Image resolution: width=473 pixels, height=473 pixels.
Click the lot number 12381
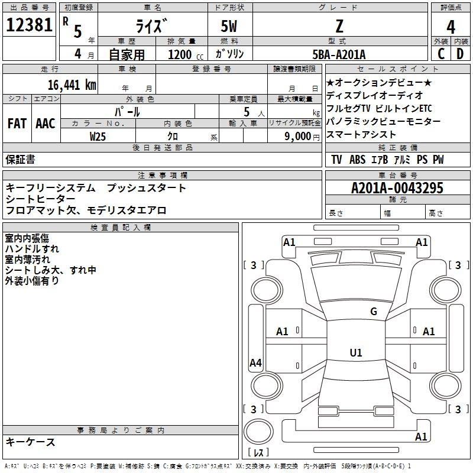tap(29, 24)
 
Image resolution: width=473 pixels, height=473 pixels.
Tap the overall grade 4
tap(451, 27)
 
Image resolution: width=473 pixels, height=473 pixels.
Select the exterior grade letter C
tap(441, 54)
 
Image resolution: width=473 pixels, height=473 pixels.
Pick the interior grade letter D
tap(460, 54)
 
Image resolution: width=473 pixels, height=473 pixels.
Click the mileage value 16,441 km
tap(72, 85)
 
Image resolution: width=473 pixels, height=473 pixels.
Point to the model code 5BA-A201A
tap(339, 54)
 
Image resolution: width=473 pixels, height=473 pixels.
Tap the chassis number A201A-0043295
tap(397, 188)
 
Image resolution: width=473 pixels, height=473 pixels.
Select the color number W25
tap(98, 137)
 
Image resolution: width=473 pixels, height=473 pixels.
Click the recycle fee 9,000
tap(298, 137)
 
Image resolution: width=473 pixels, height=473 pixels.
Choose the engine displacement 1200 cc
tap(186, 54)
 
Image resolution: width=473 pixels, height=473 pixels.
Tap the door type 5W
tap(229, 26)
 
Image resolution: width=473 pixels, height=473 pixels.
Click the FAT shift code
tap(17, 124)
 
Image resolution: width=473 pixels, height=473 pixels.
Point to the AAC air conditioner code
tap(46, 124)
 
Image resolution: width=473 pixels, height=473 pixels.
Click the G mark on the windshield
tap(374, 312)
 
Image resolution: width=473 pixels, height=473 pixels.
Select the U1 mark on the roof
tap(356, 352)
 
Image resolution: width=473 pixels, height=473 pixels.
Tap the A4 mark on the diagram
tap(255, 362)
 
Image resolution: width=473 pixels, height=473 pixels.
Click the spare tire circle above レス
tap(258, 432)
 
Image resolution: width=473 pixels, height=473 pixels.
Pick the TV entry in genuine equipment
tap(336, 160)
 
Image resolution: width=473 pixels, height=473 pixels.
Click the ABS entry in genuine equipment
tap(358, 160)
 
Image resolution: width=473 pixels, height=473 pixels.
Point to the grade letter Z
tap(339, 26)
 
